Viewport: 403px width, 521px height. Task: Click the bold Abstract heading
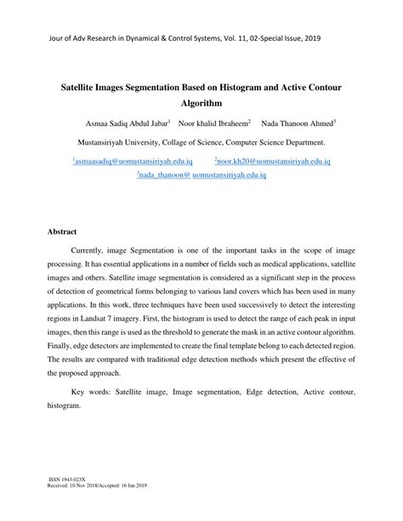pyautogui.click(x=61, y=231)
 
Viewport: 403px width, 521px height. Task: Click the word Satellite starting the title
pyautogui.click(x=79, y=85)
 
